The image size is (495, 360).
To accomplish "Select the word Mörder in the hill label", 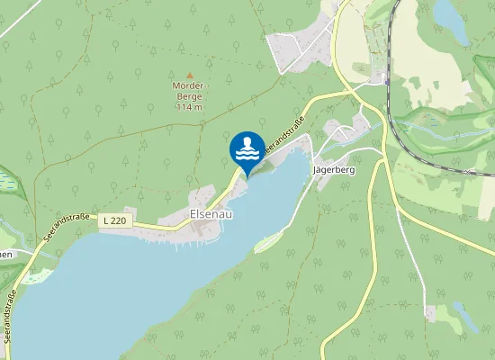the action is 189,86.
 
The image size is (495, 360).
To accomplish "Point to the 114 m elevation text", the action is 189,107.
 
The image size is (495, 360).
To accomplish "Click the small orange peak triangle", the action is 189,76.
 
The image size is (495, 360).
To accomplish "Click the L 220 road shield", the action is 114,220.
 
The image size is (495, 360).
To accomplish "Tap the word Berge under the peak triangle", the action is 189,97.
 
